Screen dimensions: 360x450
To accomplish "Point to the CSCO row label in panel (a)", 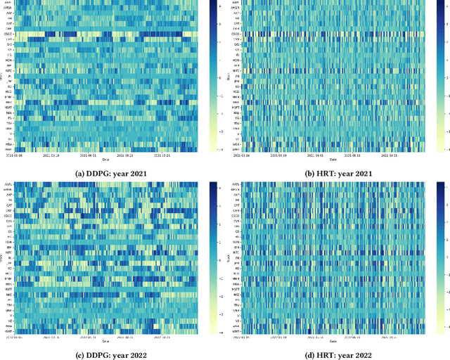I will pyautogui.click(x=8, y=33).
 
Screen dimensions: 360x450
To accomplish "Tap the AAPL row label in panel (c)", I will pyautogui.click(x=8, y=184).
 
